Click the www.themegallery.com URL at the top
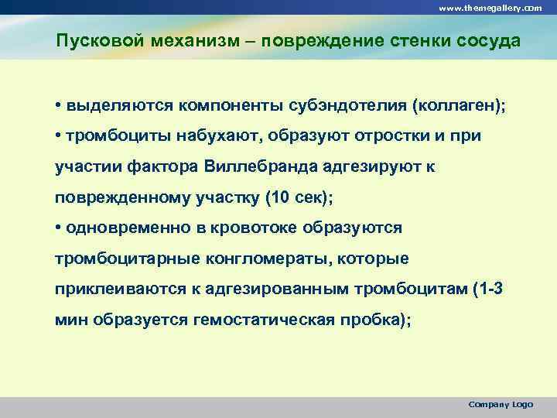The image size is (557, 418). [x=490, y=7]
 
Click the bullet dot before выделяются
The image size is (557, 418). [x=59, y=104]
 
